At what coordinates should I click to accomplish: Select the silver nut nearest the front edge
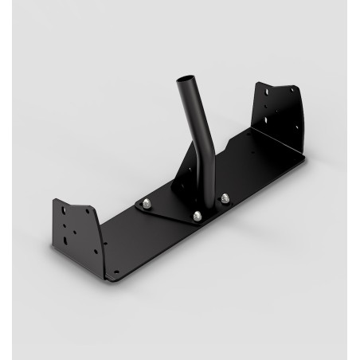197,215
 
